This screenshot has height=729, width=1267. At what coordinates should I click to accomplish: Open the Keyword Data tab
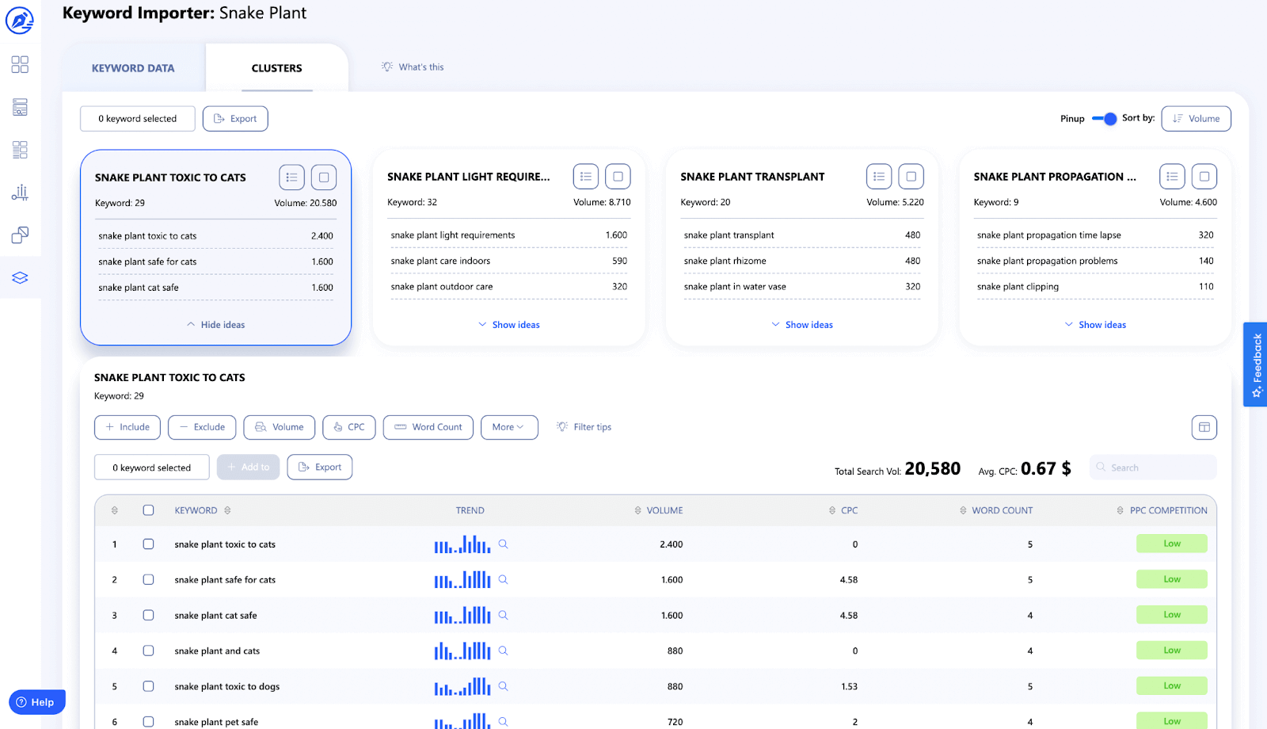click(x=133, y=68)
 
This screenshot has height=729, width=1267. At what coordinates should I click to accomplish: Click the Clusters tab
click(x=276, y=68)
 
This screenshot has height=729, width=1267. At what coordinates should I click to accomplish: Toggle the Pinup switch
click(x=1105, y=119)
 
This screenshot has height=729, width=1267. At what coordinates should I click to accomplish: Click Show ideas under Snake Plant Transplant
click(x=802, y=325)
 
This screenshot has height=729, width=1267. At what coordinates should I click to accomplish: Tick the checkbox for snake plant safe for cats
click(x=148, y=579)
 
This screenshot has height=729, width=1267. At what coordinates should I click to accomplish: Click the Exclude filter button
click(x=202, y=427)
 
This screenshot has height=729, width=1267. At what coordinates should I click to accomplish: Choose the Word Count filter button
click(x=428, y=427)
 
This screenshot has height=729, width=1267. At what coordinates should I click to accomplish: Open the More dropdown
click(x=508, y=427)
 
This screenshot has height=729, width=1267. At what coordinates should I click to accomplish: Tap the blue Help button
click(x=36, y=702)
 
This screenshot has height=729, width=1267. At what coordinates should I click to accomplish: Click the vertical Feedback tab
click(x=1256, y=364)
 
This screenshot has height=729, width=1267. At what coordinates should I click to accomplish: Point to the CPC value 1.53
click(x=849, y=686)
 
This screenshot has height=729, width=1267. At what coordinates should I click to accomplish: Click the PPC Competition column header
click(x=1168, y=510)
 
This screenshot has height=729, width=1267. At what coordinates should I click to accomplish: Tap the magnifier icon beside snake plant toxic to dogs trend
click(x=503, y=686)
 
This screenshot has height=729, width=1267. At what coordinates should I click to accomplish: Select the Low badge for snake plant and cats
click(x=1171, y=651)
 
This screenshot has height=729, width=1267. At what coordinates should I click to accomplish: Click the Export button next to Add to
click(x=320, y=468)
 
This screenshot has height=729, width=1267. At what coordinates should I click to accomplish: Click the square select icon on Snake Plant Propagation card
click(x=1204, y=177)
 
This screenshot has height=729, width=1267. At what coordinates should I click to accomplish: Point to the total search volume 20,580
click(x=932, y=469)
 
